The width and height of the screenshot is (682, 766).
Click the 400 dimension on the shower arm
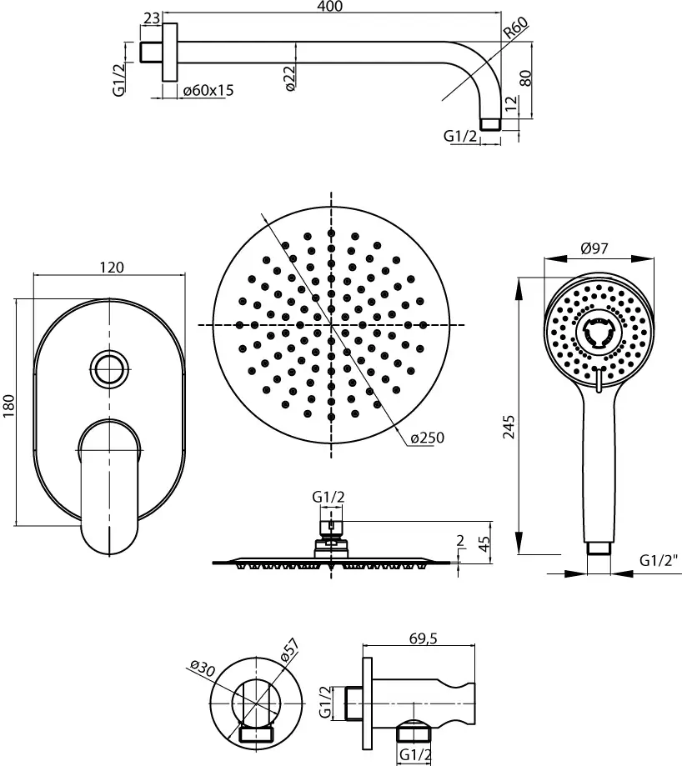click(331, 7)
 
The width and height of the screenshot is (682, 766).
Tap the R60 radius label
click(516, 28)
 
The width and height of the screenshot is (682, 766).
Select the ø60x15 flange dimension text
click(208, 90)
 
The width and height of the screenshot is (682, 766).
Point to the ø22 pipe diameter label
click(289, 78)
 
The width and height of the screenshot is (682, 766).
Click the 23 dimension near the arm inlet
click(152, 18)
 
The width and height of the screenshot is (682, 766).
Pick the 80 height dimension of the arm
click(525, 78)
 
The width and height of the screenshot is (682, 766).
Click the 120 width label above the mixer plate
click(112, 268)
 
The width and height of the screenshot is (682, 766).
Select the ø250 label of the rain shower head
click(428, 438)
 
